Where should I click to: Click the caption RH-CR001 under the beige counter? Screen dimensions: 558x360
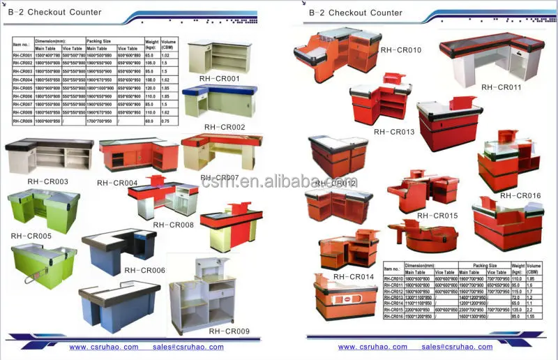click(x=219, y=79)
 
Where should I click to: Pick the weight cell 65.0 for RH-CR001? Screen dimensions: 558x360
click(x=150, y=54)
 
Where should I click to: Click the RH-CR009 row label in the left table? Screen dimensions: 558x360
click(x=22, y=121)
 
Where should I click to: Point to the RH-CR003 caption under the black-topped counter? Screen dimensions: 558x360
click(x=47, y=181)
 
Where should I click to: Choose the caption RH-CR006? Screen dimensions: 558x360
click(x=144, y=269)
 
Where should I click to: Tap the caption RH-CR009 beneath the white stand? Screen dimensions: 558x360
click(x=229, y=331)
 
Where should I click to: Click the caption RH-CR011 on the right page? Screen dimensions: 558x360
click(x=502, y=87)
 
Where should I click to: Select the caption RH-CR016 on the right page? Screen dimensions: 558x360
click(x=520, y=195)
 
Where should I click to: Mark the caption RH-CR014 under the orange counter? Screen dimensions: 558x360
click(x=354, y=277)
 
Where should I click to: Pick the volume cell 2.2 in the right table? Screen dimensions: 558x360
click(x=534, y=309)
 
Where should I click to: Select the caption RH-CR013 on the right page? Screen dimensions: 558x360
click(x=394, y=131)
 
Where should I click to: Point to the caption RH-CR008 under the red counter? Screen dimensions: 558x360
click(x=173, y=225)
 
